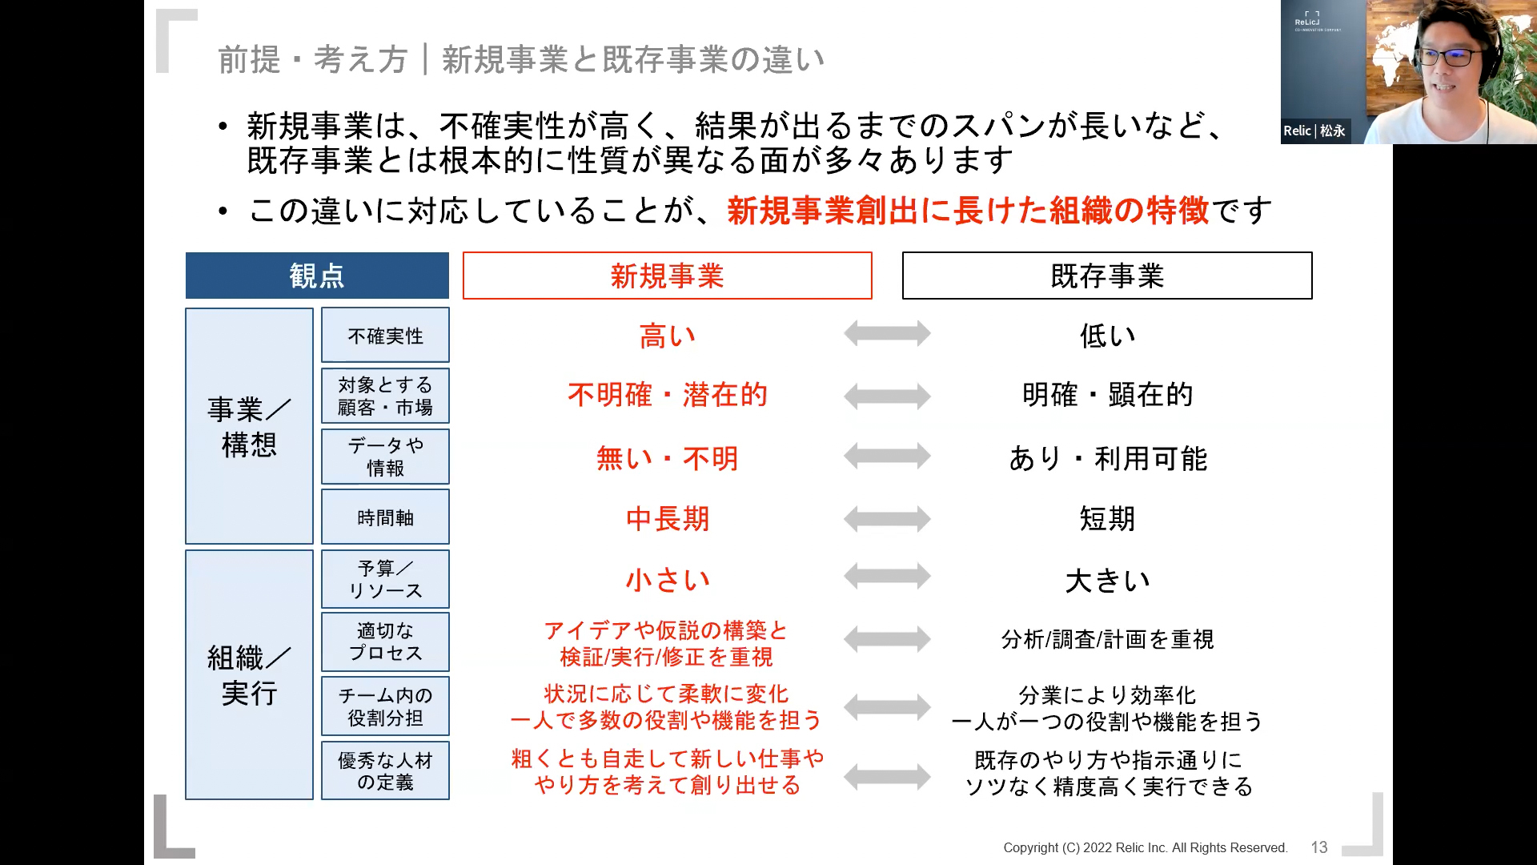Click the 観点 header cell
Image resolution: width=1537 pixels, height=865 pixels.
pos(317,276)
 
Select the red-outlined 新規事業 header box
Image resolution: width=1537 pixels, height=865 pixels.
pos(667,276)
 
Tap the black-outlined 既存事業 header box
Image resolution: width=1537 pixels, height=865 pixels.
pos(1107,276)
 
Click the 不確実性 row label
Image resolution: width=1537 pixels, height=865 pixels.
pos(385,335)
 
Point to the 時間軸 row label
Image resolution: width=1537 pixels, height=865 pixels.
pos(385,517)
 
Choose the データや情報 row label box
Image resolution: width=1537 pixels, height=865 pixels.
pos(385,457)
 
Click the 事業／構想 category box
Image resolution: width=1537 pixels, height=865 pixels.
pos(249,426)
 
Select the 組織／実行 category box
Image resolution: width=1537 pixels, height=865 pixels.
pos(249,674)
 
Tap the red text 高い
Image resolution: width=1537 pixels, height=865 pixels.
pos(667,336)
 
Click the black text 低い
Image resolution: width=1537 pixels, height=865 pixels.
pos(1107,336)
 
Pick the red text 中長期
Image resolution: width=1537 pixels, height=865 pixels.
pos(667,519)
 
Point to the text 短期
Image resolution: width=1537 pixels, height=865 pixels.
pos(1107,519)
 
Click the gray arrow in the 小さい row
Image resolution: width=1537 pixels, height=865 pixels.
pos(887,576)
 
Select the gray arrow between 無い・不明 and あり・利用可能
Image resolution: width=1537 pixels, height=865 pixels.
pos(887,456)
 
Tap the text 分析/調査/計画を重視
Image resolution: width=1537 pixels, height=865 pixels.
pos(1107,639)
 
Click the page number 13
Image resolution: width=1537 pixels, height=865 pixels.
pos(1319,847)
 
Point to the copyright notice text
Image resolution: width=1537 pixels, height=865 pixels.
pos(1146,847)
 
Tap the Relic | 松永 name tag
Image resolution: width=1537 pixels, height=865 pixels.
pos(1314,131)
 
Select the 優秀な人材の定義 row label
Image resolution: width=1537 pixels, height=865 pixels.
pos(385,770)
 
